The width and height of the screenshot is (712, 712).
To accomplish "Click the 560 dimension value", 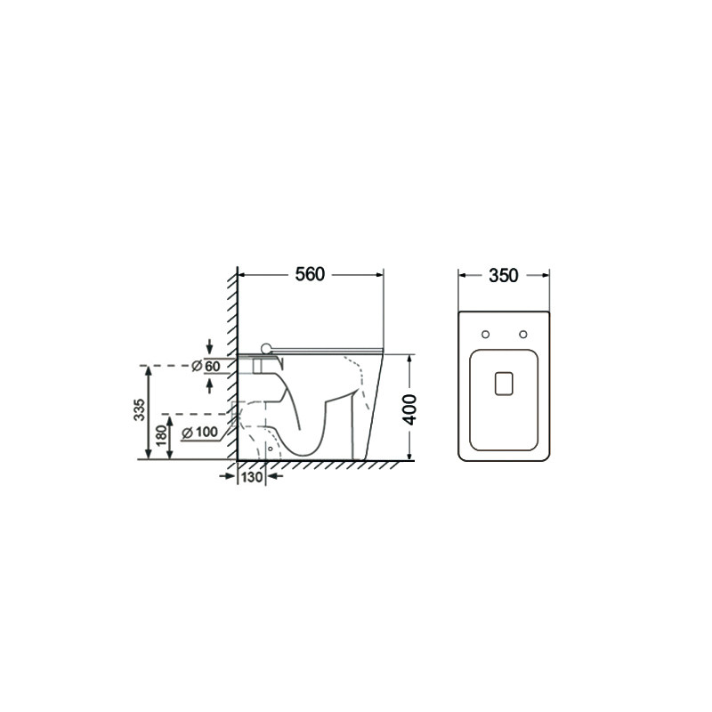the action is point(310,274).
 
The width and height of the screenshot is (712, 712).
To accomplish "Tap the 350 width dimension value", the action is point(503,275).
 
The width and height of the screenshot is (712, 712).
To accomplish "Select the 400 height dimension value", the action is point(410,409).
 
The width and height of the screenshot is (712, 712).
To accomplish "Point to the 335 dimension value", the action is point(140,409).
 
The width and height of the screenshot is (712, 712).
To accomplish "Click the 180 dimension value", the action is point(161,436).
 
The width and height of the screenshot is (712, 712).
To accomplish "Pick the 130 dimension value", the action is point(252,477).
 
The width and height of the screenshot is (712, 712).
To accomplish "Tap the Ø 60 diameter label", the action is point(206,366).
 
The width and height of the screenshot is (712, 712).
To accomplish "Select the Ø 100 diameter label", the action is point(199,432).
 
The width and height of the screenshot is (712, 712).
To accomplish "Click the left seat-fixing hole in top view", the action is point(485,335).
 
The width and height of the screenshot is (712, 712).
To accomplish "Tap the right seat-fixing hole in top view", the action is point(523,335).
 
